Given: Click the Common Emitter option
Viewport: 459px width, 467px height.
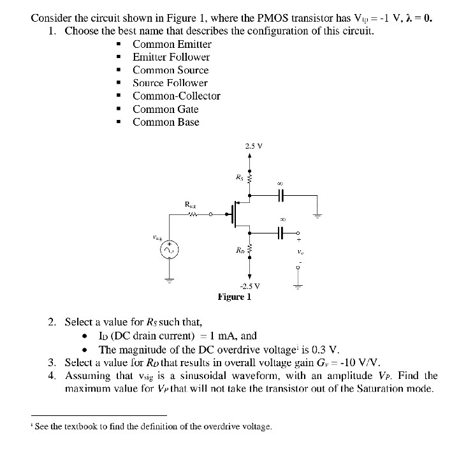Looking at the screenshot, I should (x=171, y=44).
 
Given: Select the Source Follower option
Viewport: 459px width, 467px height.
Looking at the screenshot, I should (x=170, y=83).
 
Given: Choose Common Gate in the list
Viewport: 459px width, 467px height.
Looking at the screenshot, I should (x=165, y=109).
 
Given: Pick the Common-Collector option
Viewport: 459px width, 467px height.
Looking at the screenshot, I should (x=176, y=96).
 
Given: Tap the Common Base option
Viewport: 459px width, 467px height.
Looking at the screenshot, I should (x=166, y=122).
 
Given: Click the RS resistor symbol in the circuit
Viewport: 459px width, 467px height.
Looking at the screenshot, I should (x=250, y=177).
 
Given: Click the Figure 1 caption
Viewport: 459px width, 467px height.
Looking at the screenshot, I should (x=235, y=297).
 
